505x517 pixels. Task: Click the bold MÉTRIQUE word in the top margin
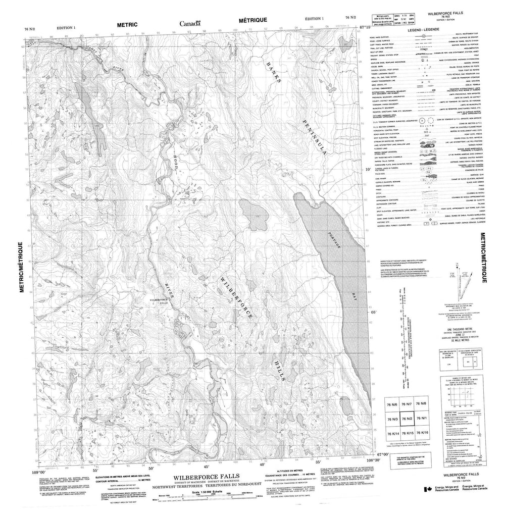point(255,21)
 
